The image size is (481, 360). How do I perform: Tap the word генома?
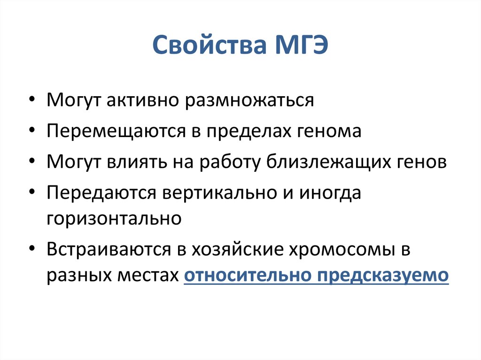pyautogui.click(x=329, y=131)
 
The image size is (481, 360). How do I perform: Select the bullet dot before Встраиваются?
pyautogui.click(x=32, y=250)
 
